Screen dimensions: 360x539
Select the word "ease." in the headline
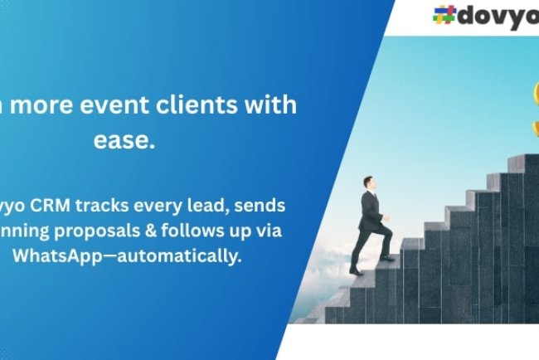(124, 141)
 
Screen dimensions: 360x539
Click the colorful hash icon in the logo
(445, 15)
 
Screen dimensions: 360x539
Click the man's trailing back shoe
(356, 271)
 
